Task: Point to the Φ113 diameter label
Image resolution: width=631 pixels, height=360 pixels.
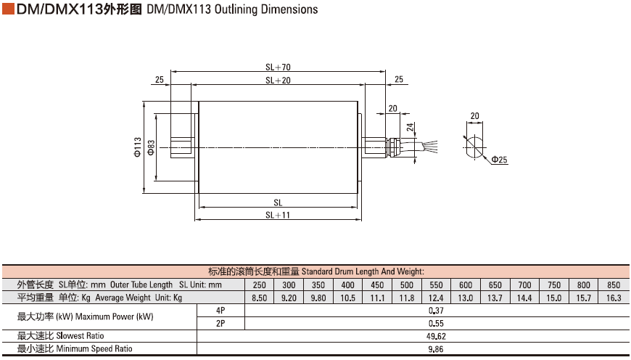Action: [137, 147]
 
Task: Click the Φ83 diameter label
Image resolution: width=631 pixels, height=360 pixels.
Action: [151, 147]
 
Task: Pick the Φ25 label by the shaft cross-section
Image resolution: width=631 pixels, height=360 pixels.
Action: [499, 160]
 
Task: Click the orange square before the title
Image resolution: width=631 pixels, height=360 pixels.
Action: [8, 9]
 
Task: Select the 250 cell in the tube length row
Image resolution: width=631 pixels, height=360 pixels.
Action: [259, 285]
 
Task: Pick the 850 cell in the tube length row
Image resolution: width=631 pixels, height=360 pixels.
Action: [613, 285]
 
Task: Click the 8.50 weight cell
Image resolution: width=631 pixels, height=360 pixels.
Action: [259, 298]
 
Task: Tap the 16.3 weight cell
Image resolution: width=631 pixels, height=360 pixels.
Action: [613, 298]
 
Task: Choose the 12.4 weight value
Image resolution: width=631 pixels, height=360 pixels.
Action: [436, 298]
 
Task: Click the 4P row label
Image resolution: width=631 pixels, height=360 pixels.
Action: [220, 311]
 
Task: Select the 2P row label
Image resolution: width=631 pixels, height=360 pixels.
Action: [220, 324]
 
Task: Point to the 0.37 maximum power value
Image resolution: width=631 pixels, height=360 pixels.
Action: [436, 311]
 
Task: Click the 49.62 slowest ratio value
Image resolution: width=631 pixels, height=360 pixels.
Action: [436, 336]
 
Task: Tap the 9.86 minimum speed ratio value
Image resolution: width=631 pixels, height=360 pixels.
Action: [436, 349]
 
